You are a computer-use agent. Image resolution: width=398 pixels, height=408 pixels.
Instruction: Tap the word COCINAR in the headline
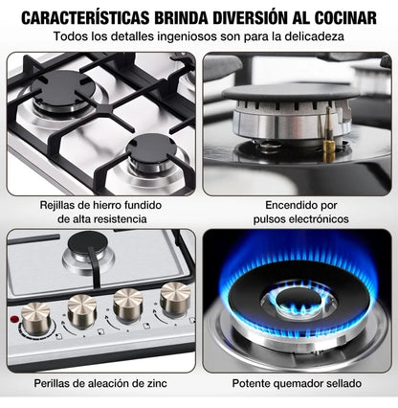tap(342, 16)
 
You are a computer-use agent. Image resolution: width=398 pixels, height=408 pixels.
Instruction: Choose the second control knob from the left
tap(82, 309)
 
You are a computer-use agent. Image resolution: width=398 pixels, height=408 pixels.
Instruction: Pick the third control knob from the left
tap(128, 304)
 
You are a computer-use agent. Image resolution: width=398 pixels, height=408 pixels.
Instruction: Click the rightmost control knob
tap(173, 298)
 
